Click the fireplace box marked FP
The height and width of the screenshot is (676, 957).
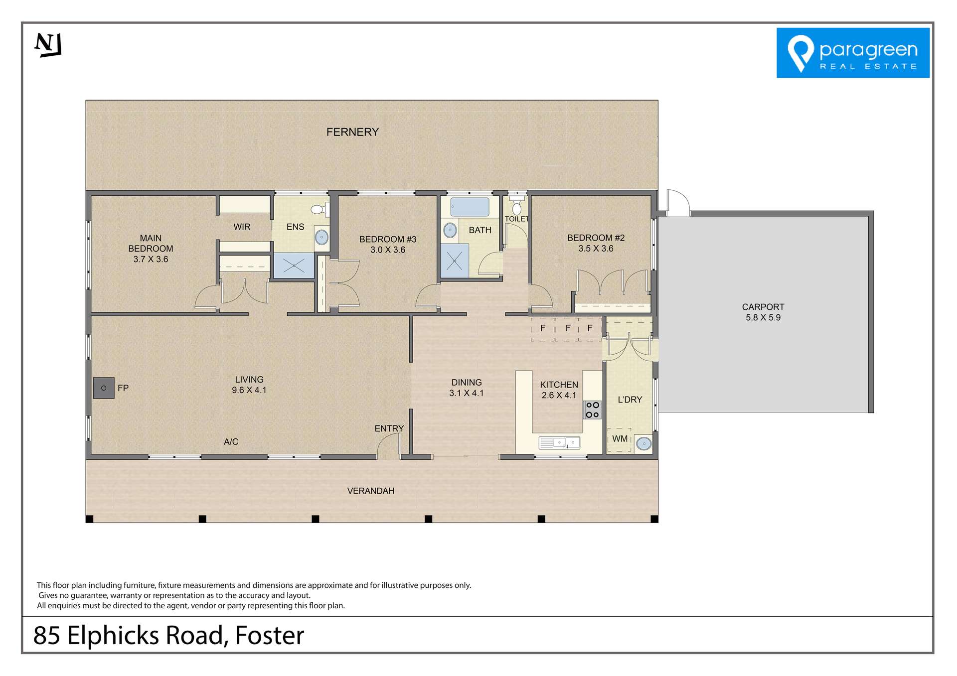point(104,388)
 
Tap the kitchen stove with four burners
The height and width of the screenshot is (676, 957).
point(592,410)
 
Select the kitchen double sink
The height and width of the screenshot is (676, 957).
point(559,442)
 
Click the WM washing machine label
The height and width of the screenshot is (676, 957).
point(620,439)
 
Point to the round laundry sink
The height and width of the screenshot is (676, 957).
point(643,443)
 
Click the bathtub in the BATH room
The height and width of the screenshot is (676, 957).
point(470,207)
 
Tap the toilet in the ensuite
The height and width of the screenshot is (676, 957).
point(318,210)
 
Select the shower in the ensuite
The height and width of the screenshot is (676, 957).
point(294,266)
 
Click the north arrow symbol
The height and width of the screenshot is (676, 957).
point(48,45)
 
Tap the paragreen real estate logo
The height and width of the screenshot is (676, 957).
point(852,53)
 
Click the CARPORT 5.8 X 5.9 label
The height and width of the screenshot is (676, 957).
point(763,312)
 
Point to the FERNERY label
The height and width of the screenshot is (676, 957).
point(352,132)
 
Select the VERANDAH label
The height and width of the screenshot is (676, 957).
point(370,491)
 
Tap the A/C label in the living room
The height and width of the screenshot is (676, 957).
point(231,442)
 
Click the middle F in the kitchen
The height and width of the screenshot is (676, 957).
point(568,328)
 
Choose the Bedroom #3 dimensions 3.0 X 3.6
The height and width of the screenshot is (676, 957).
point(387,250)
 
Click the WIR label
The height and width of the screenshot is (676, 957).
point(242,227)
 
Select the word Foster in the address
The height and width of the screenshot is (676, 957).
point(269,636)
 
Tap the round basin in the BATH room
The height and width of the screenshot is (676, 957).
point(450,230)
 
